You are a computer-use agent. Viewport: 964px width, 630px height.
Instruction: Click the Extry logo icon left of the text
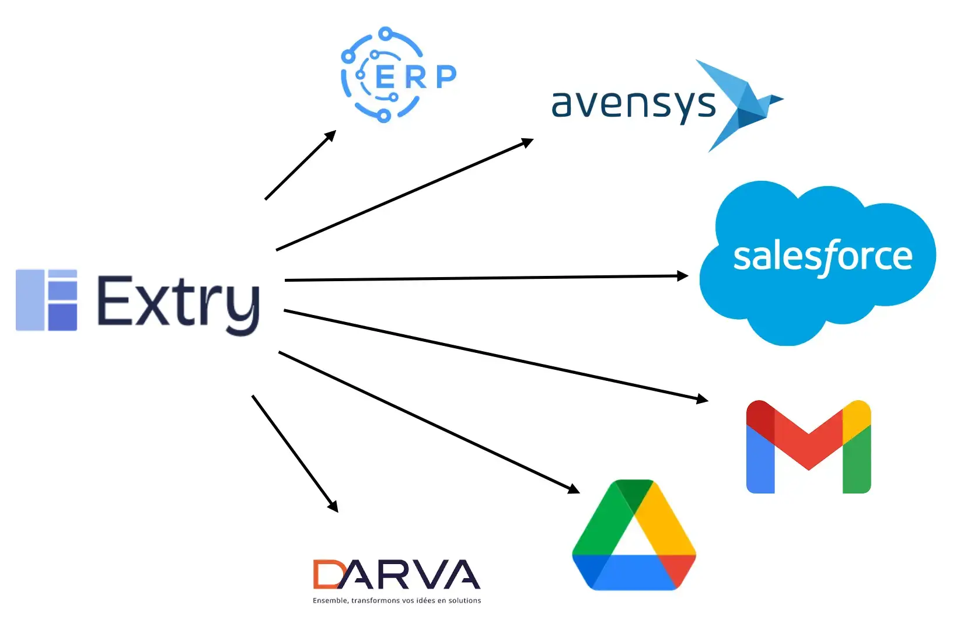[46, 300]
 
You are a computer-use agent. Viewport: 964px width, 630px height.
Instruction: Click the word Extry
[177, 302]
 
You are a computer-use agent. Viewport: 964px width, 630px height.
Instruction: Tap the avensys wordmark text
[633, 105]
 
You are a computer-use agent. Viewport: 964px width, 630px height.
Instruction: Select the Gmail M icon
[808, 447]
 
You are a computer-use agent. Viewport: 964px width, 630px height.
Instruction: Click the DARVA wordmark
[396, 575]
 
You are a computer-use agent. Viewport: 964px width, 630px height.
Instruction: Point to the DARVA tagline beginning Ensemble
[396, 600]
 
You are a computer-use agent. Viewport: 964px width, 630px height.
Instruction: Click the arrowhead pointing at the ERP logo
[331, 135]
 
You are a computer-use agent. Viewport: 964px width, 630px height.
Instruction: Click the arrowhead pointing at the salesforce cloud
[682, 276]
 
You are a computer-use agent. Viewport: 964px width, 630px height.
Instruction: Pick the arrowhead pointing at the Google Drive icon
[574, 489]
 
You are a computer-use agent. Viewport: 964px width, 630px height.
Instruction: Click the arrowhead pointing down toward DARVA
[333, 506]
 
